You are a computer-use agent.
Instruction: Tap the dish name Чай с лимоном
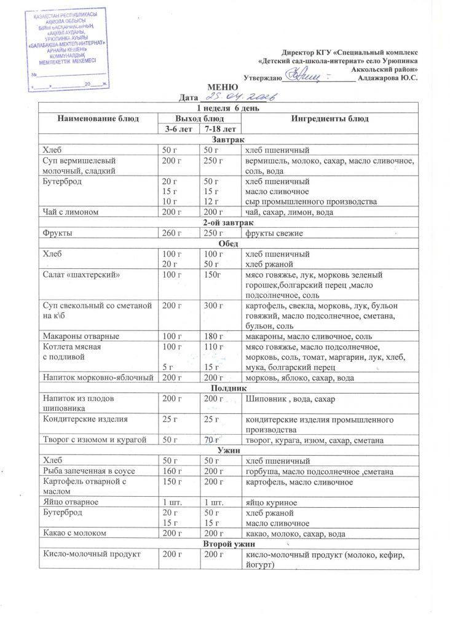(68, 212)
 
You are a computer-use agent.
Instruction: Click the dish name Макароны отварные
(81, 337)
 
